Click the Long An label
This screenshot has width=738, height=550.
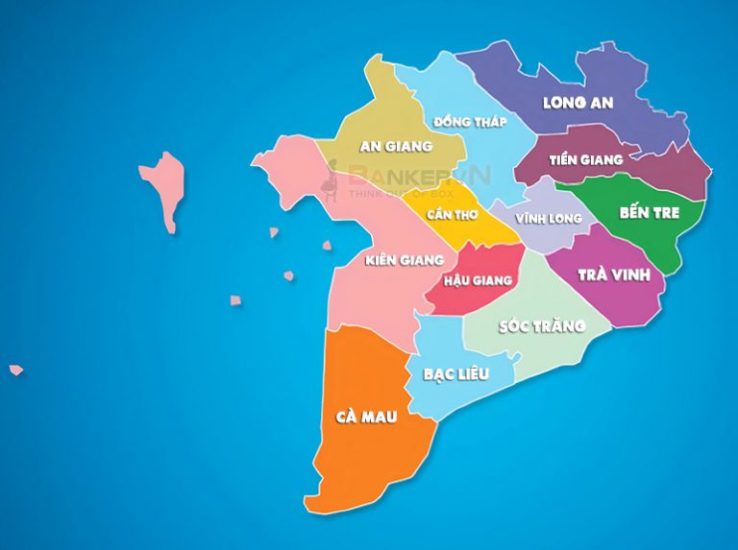click(578, 103)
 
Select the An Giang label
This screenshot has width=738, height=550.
click(395, 147)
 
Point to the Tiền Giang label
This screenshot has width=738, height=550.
click(585, 159)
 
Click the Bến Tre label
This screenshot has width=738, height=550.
click(650, 212)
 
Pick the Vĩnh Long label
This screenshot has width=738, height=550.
click(549, 219)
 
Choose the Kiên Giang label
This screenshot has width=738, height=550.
click(405, 259)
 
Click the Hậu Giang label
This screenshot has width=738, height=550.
click(479, 281)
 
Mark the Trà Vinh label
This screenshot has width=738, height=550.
click(614, 275)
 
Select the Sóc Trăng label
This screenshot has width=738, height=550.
click(543, 326)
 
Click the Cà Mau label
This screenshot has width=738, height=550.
click(366, 418)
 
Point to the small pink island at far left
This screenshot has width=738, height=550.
click(16, 370)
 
